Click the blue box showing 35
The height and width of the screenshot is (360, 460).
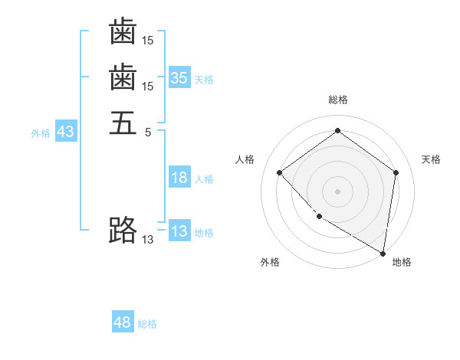tap(179, 77)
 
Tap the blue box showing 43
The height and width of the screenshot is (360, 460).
tap(65, 132)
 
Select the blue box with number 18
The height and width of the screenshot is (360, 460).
tap(179, 178)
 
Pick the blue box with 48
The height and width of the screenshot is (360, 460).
tap(123, 322)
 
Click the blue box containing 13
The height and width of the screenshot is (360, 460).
tap(179, 231)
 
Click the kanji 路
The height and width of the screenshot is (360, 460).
tap(123, 229)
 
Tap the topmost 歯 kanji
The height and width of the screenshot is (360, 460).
tap(123, 32)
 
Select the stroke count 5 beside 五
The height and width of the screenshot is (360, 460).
tap(148, 132)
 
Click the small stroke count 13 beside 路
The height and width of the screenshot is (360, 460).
tap(148, 239)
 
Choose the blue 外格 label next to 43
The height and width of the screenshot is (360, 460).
tap(41, 133)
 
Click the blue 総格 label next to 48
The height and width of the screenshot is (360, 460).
tap(147, 325)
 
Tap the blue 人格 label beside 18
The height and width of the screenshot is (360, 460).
tap(204, 179)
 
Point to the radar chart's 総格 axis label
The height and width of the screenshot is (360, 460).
tap(338, 100)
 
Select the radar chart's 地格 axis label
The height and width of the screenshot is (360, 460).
tap(402, 263)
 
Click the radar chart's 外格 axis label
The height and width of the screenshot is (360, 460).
tap(270, 263)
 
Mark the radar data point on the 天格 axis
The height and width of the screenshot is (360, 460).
tap(396, 172)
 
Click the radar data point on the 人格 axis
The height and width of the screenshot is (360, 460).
tap(280, 172)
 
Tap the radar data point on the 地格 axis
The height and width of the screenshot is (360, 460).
tap(383, 253)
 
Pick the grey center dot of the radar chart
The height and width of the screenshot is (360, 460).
tap(338, 191)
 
